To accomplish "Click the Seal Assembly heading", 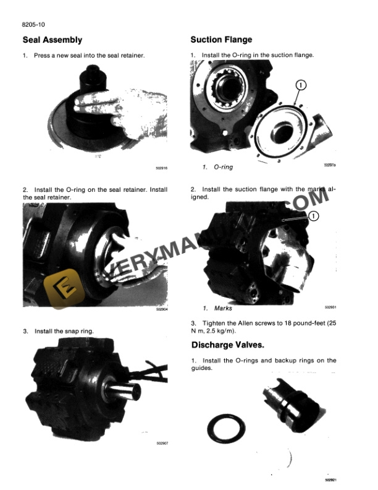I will (x=52, y=40).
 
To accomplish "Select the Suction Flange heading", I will (x=221, y=40).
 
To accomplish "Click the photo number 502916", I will (x=162, y=168).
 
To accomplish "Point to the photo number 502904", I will (x=162, y=310).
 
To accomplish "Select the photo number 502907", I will (x=162, y=443).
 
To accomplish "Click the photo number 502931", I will (x=330, y=306).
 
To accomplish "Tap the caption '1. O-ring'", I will (x=218, y=168).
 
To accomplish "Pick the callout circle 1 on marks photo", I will (x=313, y=216).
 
